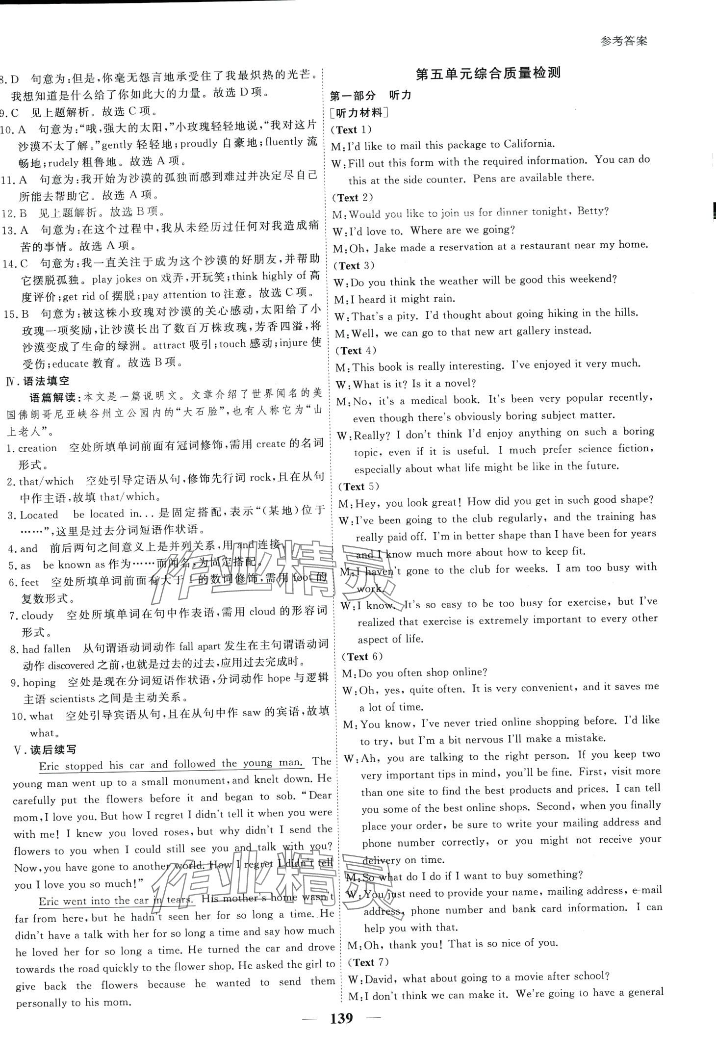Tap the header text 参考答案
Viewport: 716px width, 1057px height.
[x=624, y=41]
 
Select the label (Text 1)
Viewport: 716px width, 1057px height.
[x=352, y=130]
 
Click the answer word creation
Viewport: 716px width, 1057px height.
[x=37, y=447]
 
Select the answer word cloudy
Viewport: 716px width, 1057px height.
[x=37, y=615]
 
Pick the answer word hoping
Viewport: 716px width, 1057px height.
[x=39, y=682]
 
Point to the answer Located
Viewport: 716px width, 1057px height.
[x=39, y=515]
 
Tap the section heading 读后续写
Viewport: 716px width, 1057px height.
[x=53, y=749]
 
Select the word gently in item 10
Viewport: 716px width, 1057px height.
[x=117, y=144]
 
